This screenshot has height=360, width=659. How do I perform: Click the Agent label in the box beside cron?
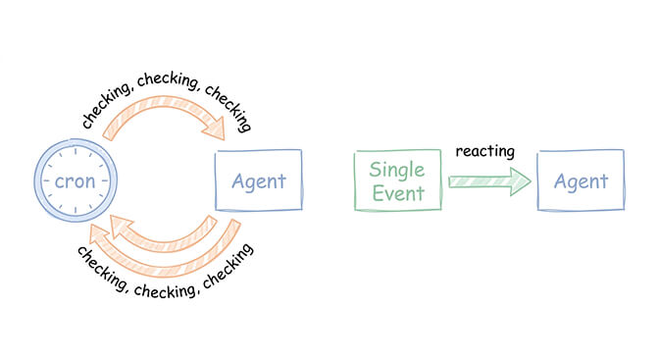pyautogui.click(x=258, y=180)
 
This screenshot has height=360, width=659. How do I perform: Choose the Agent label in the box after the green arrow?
pyautogui.click(x=581, y=181)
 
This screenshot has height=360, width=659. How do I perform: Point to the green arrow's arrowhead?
pyautogui.click(x=520, y=180)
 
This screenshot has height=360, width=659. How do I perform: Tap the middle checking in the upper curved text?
pyautogui.click(x=164, y=85)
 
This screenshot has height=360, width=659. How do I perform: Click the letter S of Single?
pyautogui.click(x=376, y=168)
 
